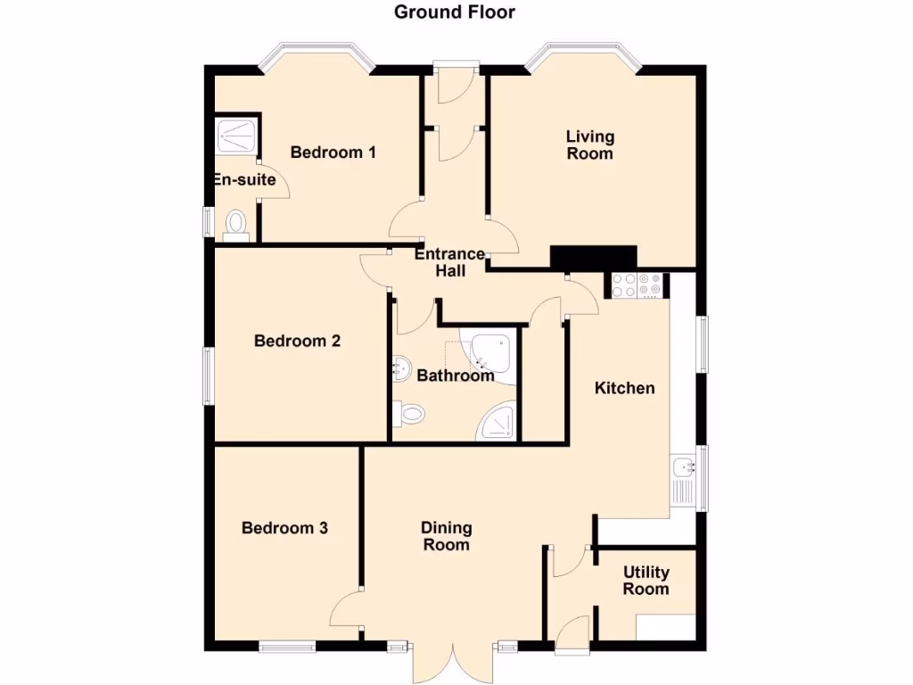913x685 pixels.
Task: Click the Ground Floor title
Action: click(455, 12)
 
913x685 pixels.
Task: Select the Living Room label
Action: click(590, 144)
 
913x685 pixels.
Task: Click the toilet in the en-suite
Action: click(236, 224)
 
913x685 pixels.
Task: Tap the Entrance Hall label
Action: click(450, 262)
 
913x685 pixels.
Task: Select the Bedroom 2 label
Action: click(297, 341)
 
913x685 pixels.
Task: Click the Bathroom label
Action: click(456, 376)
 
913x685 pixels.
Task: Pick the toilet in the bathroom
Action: click(411, 413)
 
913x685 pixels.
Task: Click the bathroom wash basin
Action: click(401, 364)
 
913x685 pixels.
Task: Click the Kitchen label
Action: click(625, 388)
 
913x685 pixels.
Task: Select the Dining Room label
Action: click(446, 536)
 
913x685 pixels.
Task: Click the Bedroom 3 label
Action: click(284, 528)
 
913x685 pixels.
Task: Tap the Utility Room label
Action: click(646, 581)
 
